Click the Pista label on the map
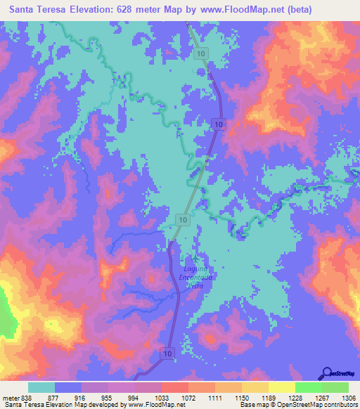(x=194, y=285)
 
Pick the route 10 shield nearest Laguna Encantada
(x=182, y=220)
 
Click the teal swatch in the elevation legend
(x=41, y=387)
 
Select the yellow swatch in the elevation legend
(x=281, y=387)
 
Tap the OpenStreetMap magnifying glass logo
(x=326, y=373)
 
